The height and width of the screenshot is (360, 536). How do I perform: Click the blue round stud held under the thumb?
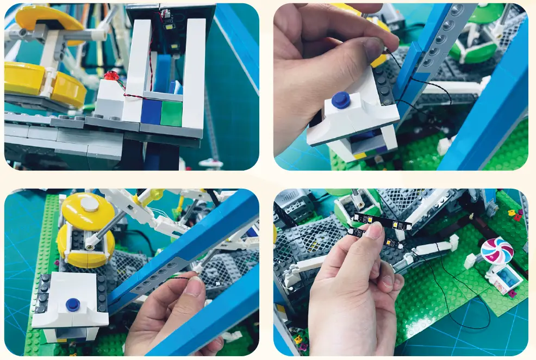341,100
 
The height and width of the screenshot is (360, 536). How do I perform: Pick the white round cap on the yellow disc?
89,204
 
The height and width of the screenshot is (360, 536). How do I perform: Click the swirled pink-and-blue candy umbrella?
497,251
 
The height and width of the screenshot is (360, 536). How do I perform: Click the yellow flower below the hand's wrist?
297,339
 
